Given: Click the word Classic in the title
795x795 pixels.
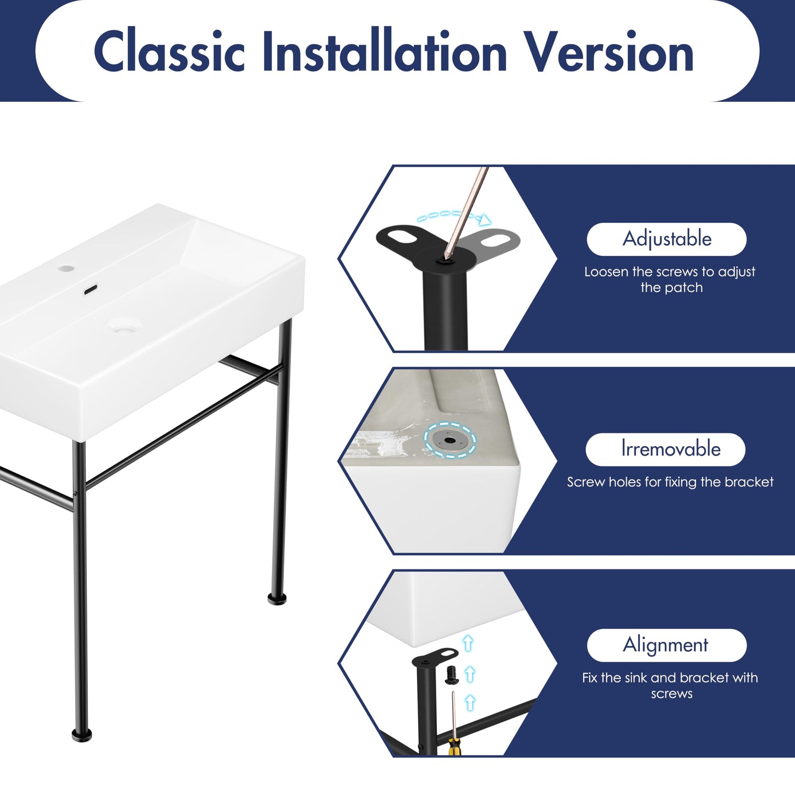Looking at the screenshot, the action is pyautogui.click(x=169, y=51).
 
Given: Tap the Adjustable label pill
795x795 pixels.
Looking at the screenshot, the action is pyautogui.click(x=666, y=239).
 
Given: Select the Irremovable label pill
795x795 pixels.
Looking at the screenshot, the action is pyautogui.click(x=665, y=449).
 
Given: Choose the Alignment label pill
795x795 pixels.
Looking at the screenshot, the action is pyautogui.click(x=666, y=645).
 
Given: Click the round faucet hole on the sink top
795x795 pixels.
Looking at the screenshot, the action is pyautogui.click(x=66, y=268).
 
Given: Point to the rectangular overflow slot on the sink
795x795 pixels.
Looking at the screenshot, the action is pyautogui.click(x=90, y=290).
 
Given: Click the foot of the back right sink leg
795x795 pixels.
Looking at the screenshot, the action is pyautogui.click(x=277, y=600).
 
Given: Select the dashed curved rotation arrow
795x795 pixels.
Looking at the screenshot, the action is pyautogui.click(x=454, y=217).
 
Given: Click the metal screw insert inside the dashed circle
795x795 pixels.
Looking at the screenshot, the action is pyautogui.click(x=449, y=441).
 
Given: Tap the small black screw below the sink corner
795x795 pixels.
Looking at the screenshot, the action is pyautogui.click(x=451, y=675).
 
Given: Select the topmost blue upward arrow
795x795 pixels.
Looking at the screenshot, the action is pyautogui.click(x=468, y=643).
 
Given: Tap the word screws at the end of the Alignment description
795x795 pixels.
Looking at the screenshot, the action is pyautogui.click(x=672, y=694).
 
